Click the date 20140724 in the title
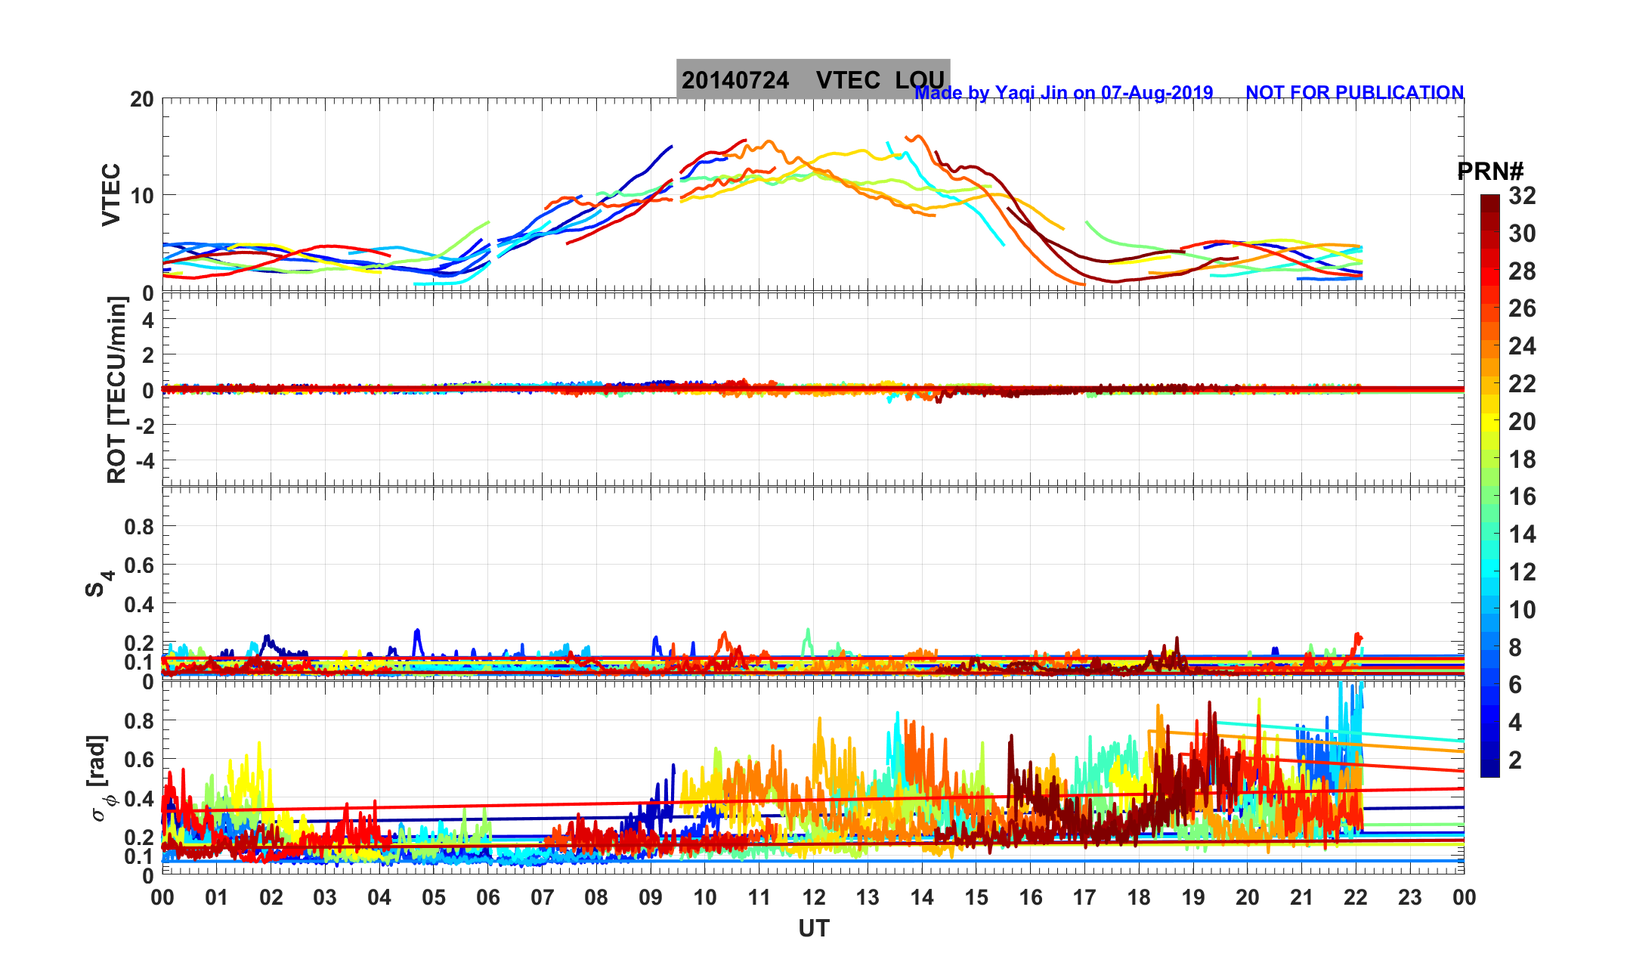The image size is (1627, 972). pyautogui.click(x=735, y=80)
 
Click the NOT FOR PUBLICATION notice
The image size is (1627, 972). pyautogui.click(x=1354, y=92)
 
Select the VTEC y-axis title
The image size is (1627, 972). pyautogui.click(x=111, y=194)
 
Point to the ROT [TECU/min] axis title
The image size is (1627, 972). pyautogui.click(x=116, y=390)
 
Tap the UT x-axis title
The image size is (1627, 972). pyautogui.click(x=814, y=928)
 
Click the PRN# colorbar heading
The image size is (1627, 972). pyautogui.click(x=1490, y=172)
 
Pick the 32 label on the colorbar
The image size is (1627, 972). pyautogui.click(x=1522, y=197)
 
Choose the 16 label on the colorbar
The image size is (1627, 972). pyautogui.click(x=1522, y=497)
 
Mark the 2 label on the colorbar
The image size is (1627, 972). pyautogui.click(x=1515, y=760)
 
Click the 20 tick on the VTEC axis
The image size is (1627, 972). pyautogui.click(x=141, y=100)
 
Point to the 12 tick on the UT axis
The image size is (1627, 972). pyautogui.click(x=814, y=898)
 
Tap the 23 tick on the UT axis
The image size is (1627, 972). pyautogui.click(x=1410, y=898)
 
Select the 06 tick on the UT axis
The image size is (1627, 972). pyautogui.click(x=488, y=898)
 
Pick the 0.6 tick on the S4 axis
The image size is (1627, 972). pyautogui.click(x=139, y=565)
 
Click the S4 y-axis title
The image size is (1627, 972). pyautogui.click(x=98, y=583)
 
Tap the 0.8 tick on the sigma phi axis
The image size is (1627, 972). pyautogui.click(x=139, y=721)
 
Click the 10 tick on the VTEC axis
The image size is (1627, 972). pyautogui.click(x=141, y=196)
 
